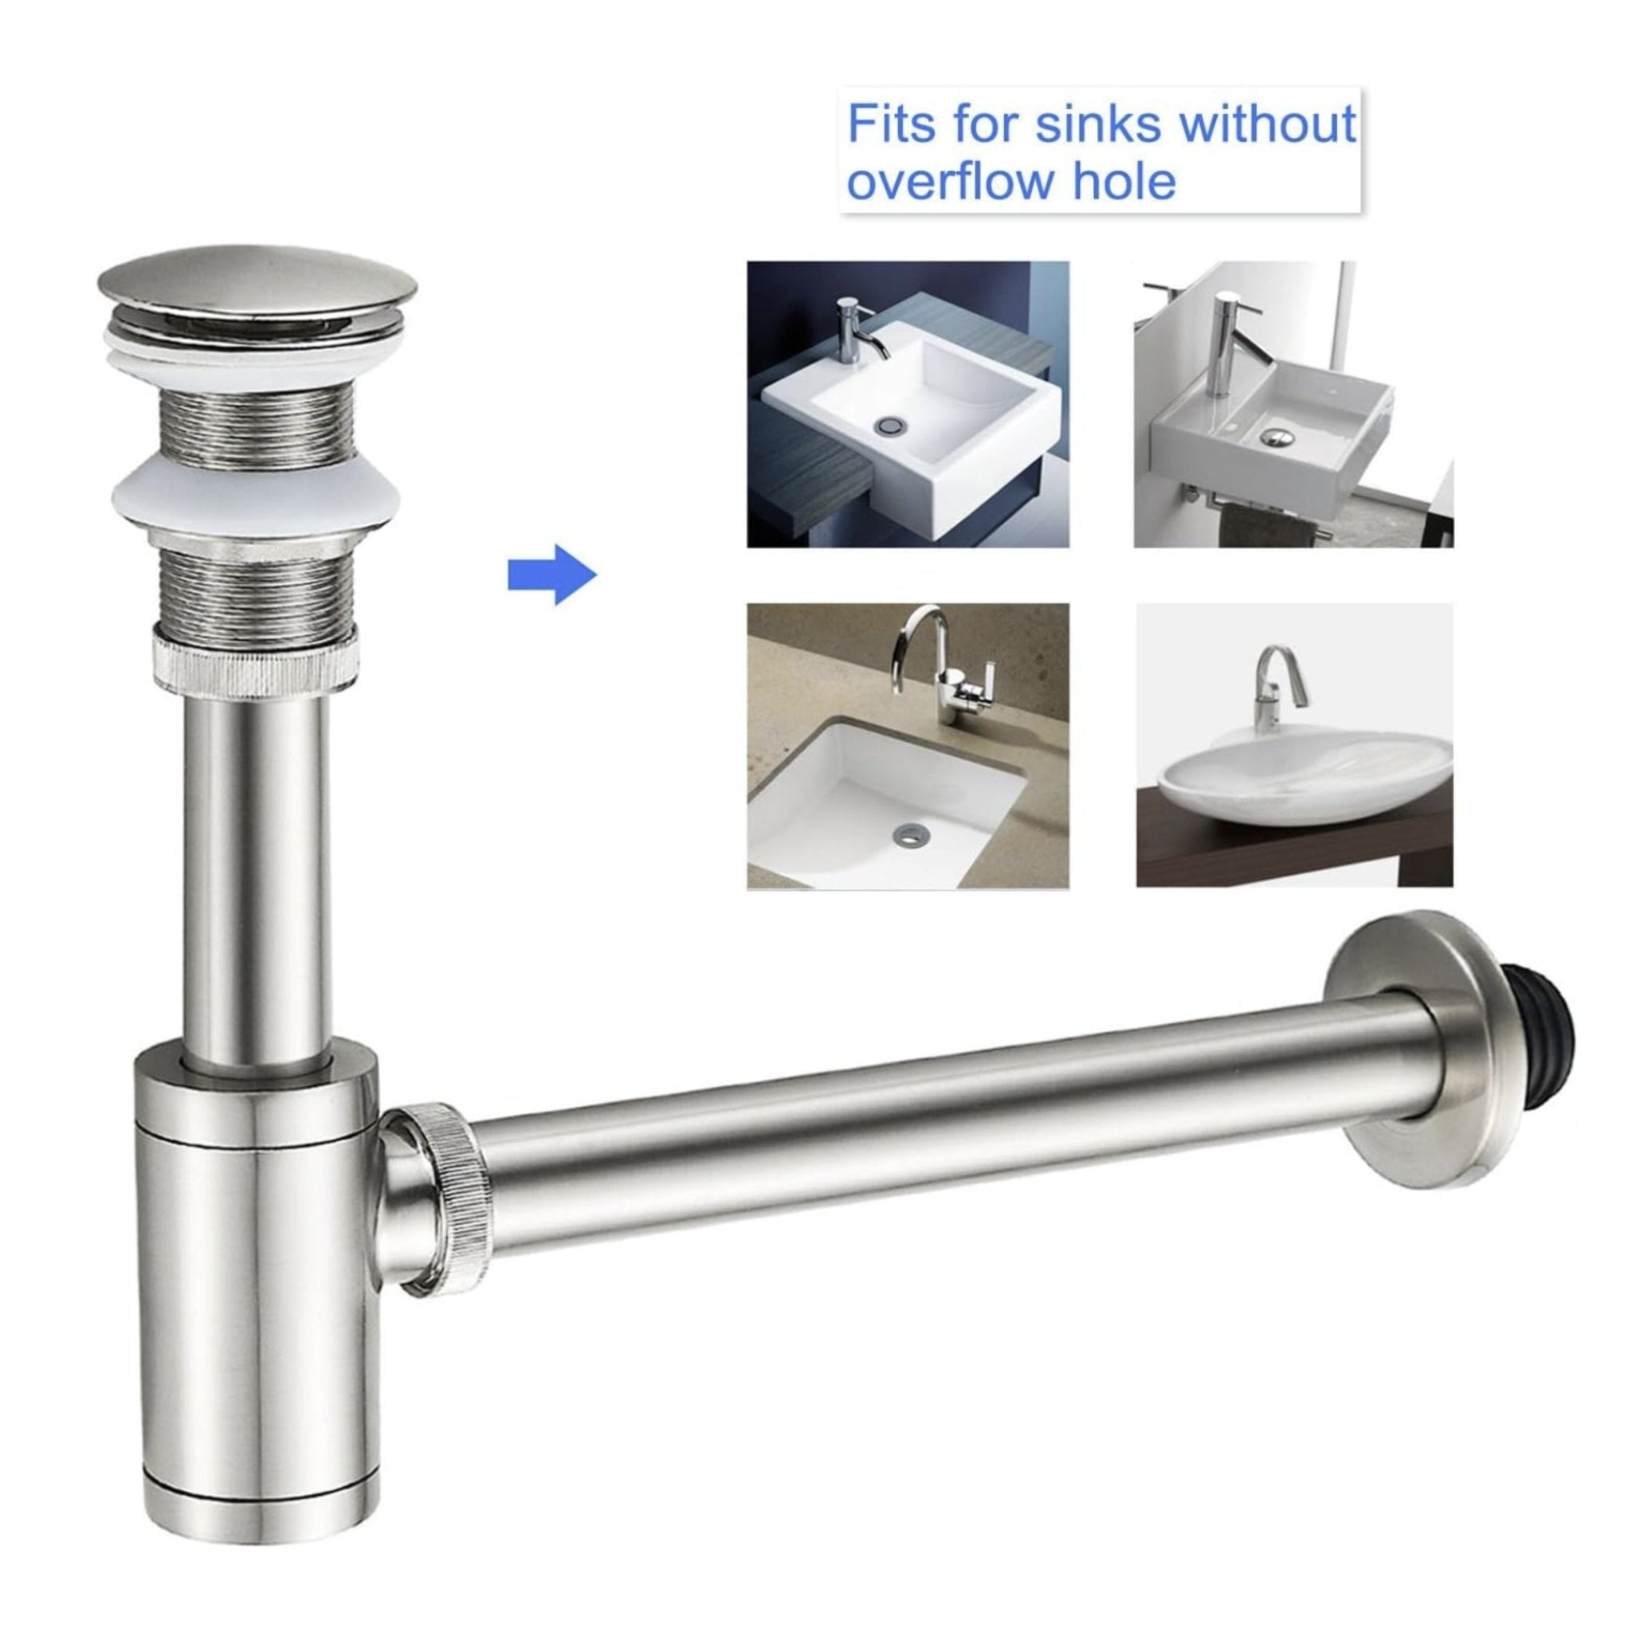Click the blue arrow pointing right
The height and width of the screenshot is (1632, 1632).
(551, 575)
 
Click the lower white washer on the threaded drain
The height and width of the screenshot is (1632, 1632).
(256, 503)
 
